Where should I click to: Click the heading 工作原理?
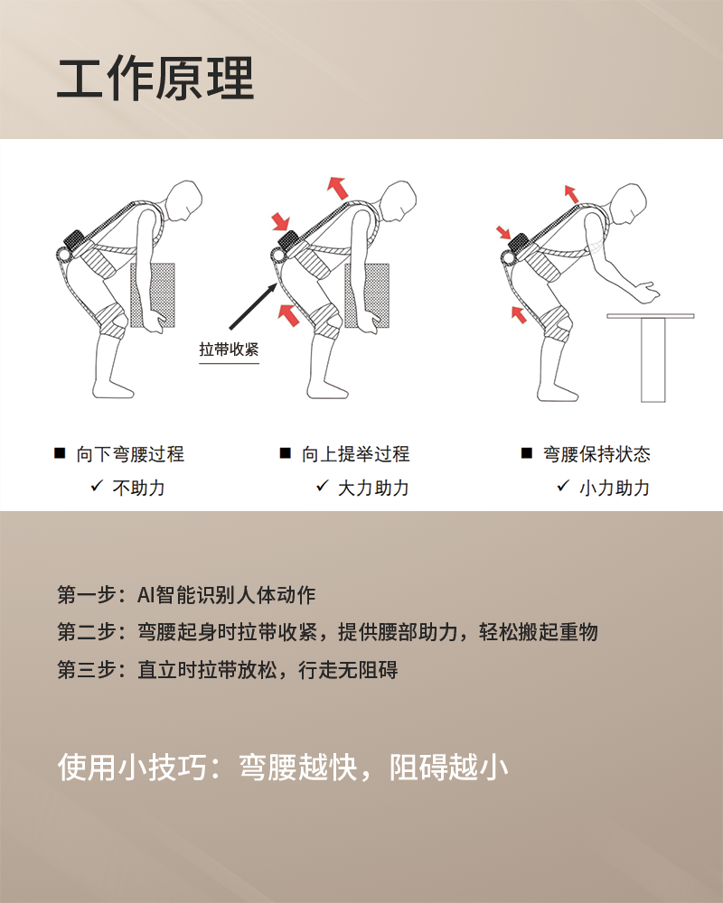[x=155, y=79]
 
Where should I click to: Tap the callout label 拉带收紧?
[x=229, y=349]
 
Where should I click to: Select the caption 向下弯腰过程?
[x=130, y=454]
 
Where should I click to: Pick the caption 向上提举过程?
[x=355, y=454]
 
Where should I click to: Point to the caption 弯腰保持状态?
[x=596, y=454]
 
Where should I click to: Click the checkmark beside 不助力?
[x=97, y=487]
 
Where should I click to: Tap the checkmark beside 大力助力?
[x=322, y=487]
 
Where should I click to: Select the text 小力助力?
[x=615, y=488]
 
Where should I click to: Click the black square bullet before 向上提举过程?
[x=285, y=453]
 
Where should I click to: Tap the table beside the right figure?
[x=652, y=352]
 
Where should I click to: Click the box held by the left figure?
[x=153, y=293]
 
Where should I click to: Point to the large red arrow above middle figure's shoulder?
[x=337, y=188]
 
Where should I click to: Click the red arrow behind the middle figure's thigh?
[x=288, y=315]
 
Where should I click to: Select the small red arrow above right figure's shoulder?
[x=569, y=192]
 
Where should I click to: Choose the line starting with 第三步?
[x=227, y=671]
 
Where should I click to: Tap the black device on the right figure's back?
[x=519, y=242]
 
